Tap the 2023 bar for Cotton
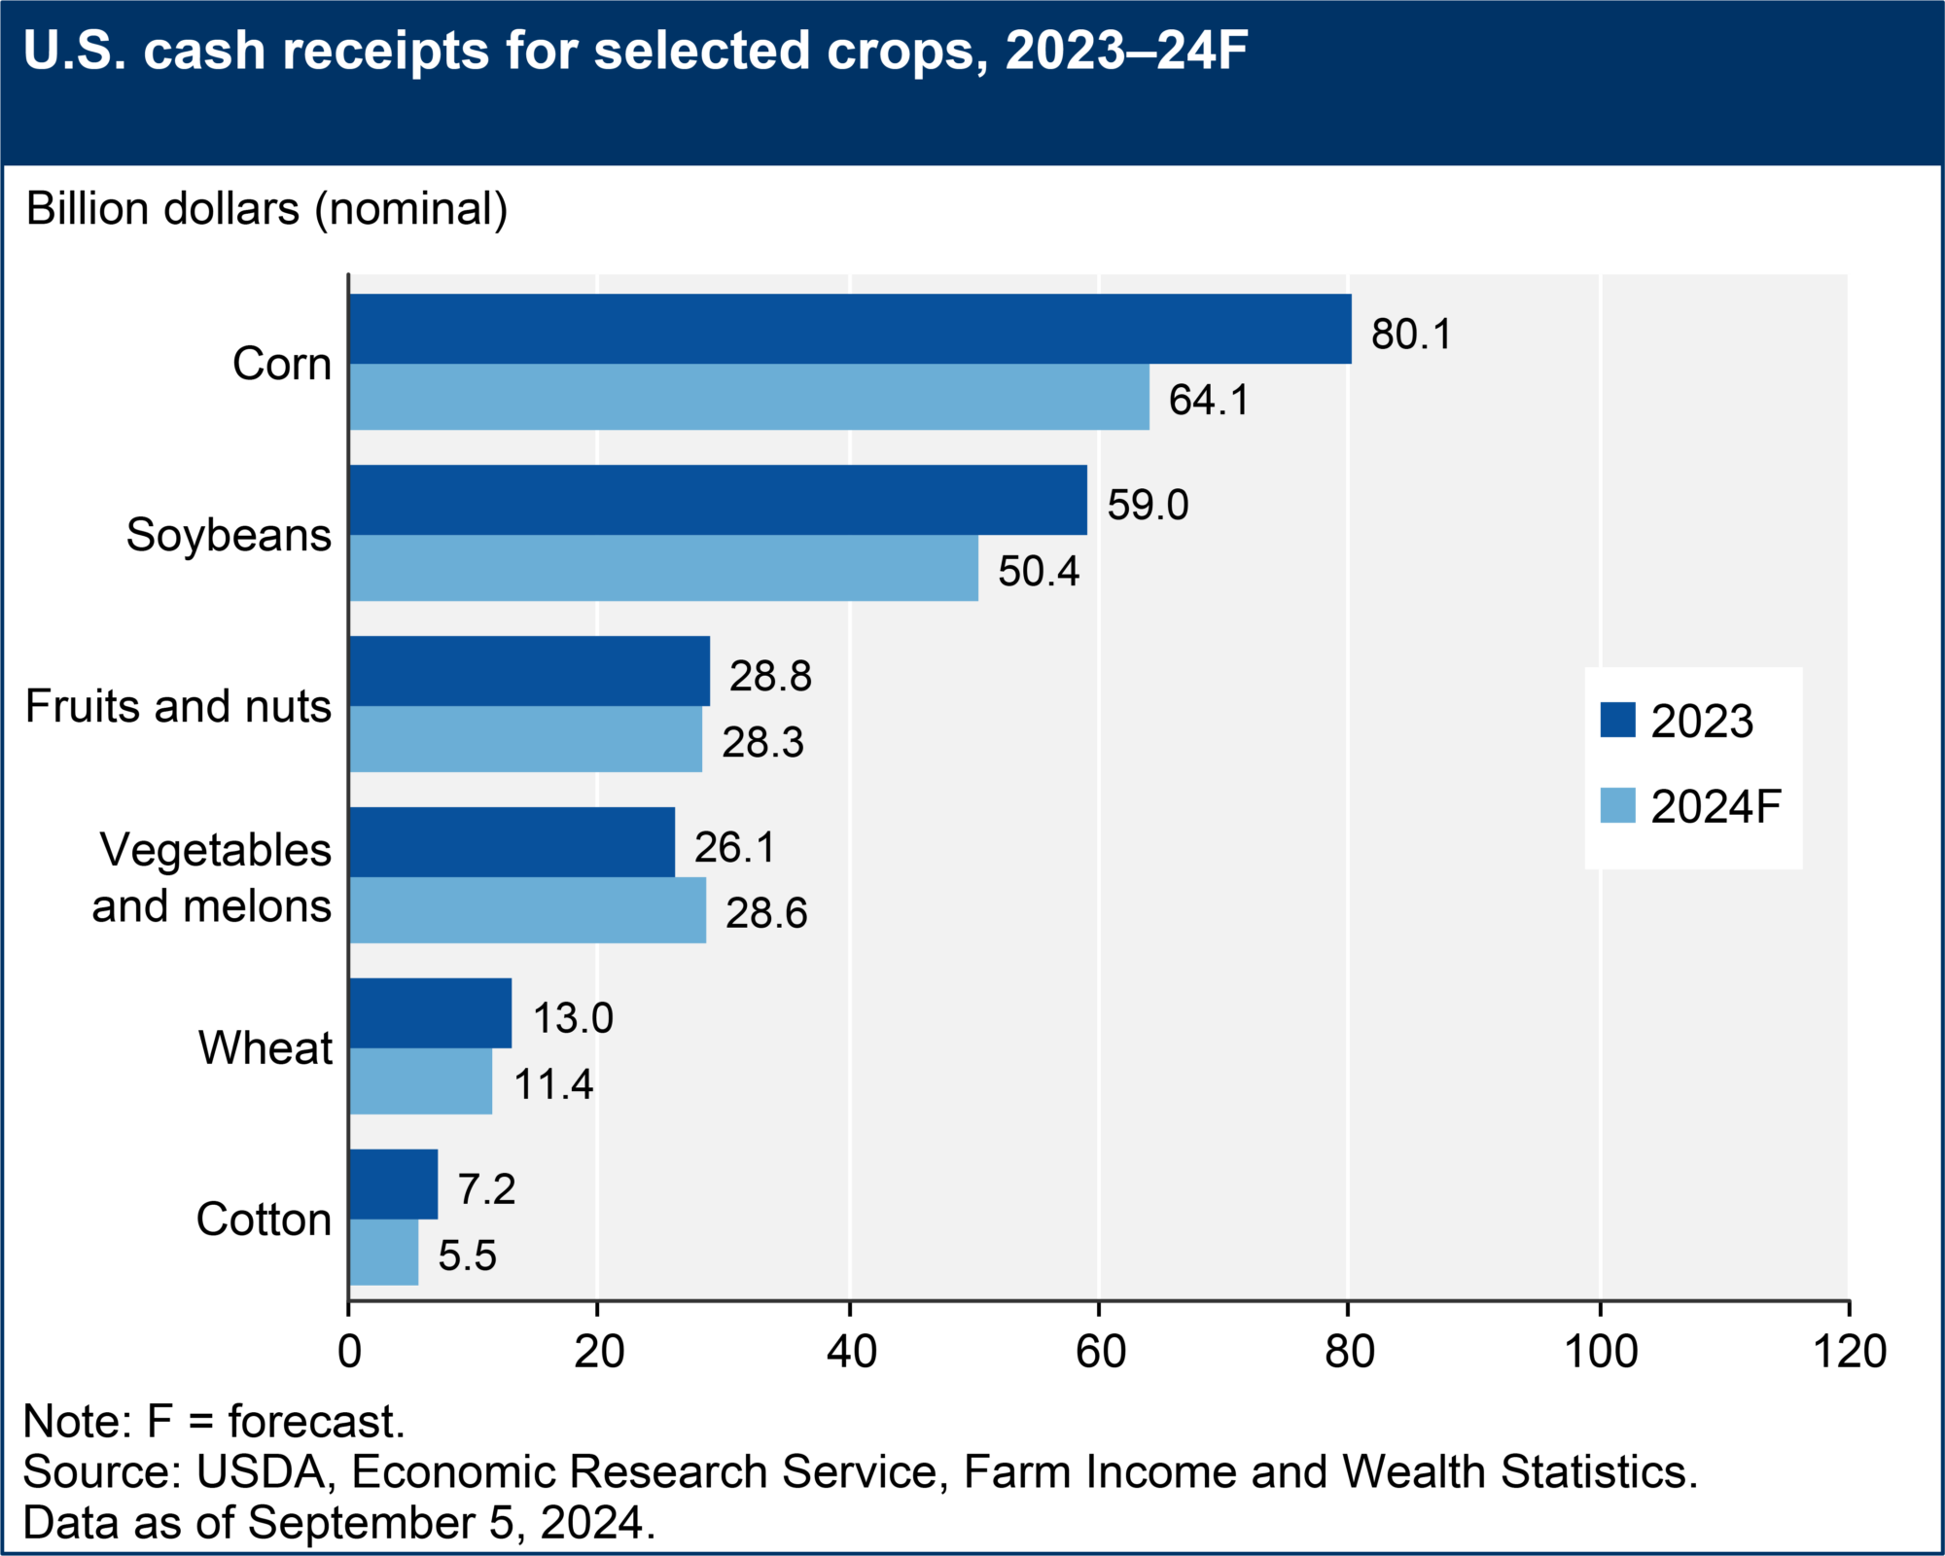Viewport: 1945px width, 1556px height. pos(393,1184)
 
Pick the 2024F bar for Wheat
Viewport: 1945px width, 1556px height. pos(420,1081)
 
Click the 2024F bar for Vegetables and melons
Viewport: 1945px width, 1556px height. pos(527,910)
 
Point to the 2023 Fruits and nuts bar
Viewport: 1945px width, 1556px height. pos(529,671)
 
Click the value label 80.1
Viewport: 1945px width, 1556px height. pos(1410,335)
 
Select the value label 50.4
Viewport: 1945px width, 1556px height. pos(1038,571)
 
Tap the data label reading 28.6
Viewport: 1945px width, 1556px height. pos(765,913)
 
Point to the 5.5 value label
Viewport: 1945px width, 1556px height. pos(467,1255)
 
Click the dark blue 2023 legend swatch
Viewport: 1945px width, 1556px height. pos(1617,720)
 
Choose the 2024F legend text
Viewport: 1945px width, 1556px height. pos(1715,806)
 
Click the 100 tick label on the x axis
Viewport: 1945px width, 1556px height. pos(1601,1351)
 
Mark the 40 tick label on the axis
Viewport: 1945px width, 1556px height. pos(851,1351)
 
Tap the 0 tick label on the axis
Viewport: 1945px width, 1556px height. pos(349,1351)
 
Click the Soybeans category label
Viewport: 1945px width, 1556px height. pos(229,535)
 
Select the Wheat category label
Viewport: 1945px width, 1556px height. pos(265,1047)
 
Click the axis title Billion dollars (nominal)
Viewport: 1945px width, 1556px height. pos(266,209)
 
